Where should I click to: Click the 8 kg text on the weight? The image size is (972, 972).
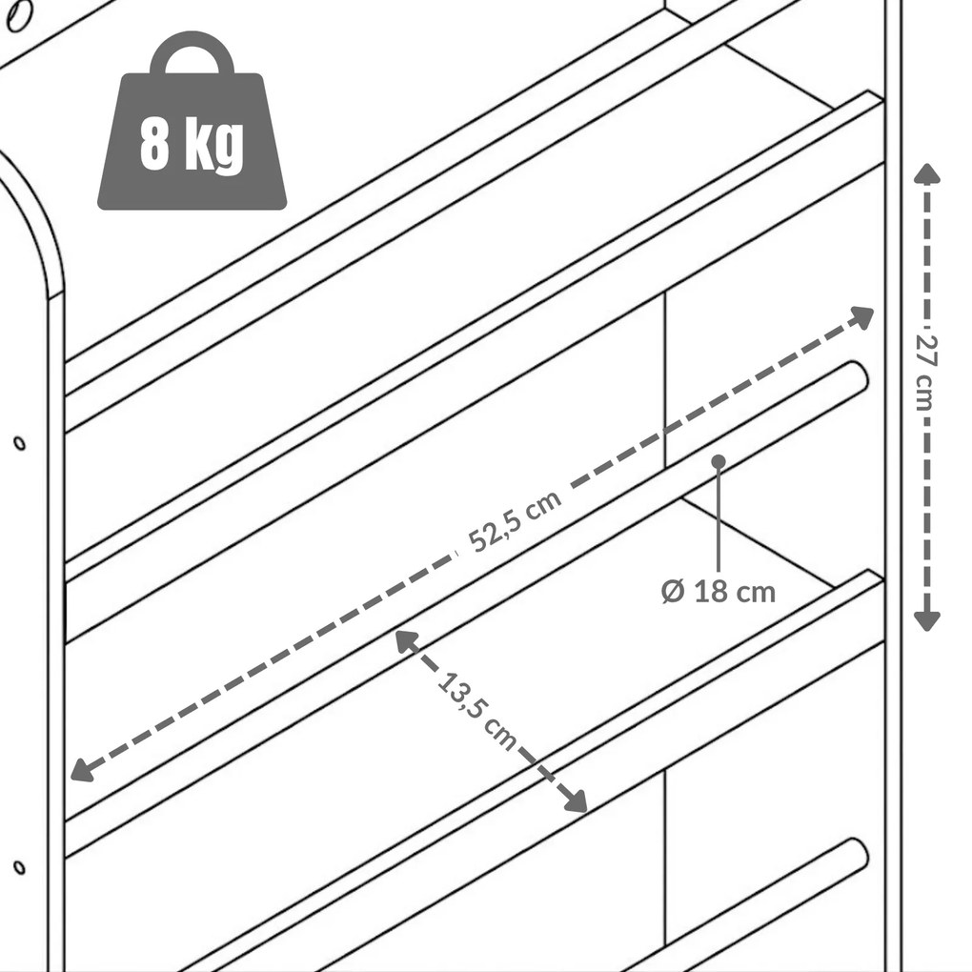pos(192,145)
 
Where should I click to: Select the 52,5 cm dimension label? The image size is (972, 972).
pos(515,520)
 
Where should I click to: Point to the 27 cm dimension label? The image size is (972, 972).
pos(926,373)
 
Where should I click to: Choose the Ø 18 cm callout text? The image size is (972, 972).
pos(719,592)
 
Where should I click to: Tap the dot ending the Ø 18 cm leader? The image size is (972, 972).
pos(719,462)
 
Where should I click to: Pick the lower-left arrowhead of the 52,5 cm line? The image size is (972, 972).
pos(83,769)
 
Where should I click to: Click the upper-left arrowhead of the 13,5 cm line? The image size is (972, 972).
pos(407,641)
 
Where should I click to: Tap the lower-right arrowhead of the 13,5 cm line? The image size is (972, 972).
pos(575,800)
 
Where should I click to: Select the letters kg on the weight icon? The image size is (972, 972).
pos(213,147)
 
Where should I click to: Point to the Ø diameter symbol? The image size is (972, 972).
pos(673,592)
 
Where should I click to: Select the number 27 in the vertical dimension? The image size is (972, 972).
pos(926,350)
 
